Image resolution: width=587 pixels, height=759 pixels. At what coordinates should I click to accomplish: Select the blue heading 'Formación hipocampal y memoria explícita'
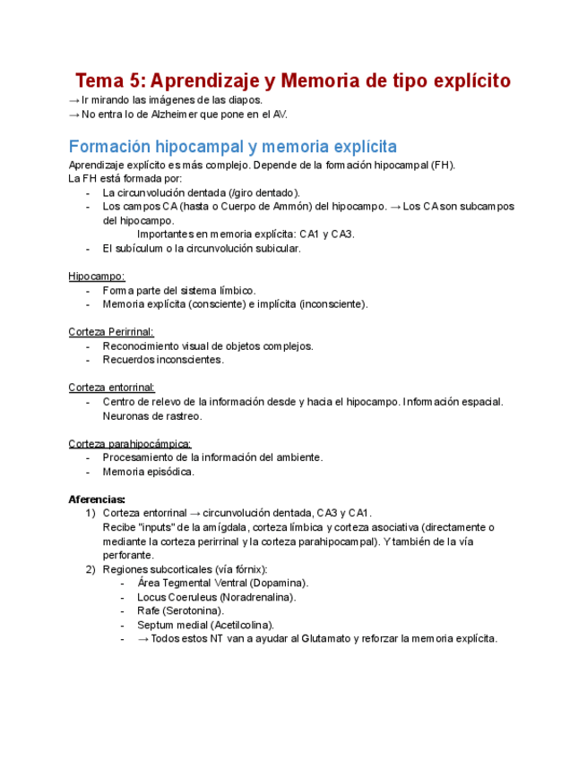233,147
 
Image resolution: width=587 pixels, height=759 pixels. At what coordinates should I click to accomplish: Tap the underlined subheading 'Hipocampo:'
97,277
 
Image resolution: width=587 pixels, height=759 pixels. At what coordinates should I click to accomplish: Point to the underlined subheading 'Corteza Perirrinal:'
110,332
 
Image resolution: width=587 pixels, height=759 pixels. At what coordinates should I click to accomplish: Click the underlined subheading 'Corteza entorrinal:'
111,388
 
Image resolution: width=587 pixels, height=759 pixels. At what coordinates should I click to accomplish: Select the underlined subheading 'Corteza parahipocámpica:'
129,444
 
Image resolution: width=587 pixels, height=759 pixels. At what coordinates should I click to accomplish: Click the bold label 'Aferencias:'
97,499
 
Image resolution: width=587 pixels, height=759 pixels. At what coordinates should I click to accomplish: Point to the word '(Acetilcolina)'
242,625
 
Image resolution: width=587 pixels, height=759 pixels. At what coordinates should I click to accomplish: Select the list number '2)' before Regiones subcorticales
90,569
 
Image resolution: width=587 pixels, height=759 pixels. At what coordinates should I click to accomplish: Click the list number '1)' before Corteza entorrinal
90,514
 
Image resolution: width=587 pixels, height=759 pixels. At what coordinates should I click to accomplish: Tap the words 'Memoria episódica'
148,472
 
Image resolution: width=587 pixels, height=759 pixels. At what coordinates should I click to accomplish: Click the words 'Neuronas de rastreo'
152,415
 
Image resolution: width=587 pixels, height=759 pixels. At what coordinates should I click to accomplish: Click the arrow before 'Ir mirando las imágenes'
73,101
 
